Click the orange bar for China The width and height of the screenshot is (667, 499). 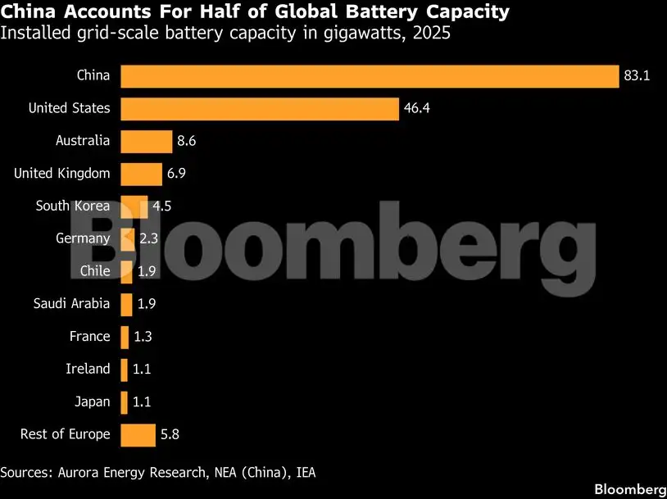click(369, 76)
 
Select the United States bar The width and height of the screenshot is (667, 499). click(260, 108)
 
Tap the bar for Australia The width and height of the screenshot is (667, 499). click(146, 141)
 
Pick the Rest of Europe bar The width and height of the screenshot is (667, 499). click(138, 434)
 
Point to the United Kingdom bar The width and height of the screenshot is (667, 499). click(141, 174)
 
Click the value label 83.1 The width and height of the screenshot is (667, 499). click(637, 76)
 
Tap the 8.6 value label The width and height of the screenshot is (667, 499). click(187, 141)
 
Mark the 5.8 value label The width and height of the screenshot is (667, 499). click(170, 434)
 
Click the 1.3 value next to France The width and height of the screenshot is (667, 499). click(143, 337)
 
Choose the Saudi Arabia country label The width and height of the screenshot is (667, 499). click(71, 304)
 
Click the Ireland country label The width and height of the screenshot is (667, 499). click(88, 369)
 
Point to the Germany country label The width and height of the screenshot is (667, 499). click(83, 238)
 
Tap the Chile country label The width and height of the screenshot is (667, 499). click(95, 271)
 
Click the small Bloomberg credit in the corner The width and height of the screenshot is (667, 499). click(629, 489)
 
